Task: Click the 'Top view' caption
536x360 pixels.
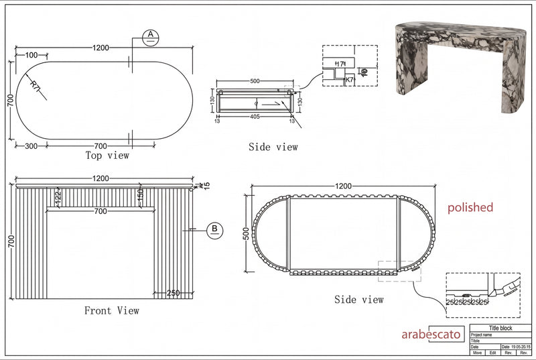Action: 107,156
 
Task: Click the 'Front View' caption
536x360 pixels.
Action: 111,310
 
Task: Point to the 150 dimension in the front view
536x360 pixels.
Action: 140,195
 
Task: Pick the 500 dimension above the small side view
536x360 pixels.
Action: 254,81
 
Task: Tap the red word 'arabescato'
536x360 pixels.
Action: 431,334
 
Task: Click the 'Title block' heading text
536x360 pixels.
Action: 500,328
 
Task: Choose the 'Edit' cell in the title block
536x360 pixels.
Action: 492,352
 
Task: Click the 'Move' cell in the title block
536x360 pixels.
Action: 477,352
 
